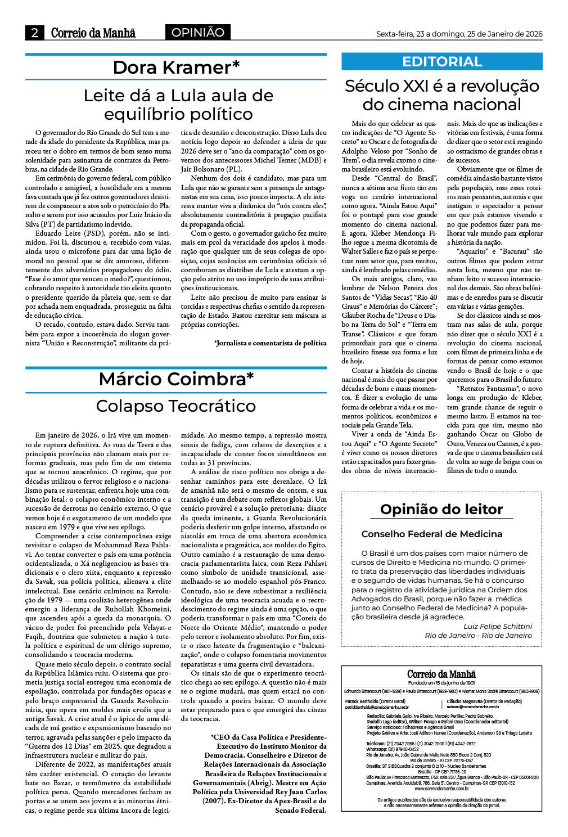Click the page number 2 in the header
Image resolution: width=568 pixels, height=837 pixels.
35,33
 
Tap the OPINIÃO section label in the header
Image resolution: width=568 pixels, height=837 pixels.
197,33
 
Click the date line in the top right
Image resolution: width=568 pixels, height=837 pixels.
459,34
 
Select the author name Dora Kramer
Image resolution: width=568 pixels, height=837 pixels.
176,67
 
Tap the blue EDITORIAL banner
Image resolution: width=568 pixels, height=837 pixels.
442,61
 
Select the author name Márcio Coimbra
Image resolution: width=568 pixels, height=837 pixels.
176,379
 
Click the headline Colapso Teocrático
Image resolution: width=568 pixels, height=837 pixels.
176,406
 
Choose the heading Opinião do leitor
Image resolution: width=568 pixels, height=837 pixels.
441,509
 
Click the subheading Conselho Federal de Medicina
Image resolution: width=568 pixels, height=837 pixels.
432,534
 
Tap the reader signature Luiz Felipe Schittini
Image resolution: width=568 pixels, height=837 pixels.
497,626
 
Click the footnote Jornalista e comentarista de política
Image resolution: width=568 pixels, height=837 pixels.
271,343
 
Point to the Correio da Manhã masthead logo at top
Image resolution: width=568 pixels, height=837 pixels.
93,33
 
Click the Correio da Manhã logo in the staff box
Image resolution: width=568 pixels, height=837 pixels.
441,674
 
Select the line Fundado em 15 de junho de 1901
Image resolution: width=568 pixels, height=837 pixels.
441,682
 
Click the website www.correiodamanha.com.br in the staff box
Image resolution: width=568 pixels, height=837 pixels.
441,788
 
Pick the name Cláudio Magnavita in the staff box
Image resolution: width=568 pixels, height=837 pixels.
465,701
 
